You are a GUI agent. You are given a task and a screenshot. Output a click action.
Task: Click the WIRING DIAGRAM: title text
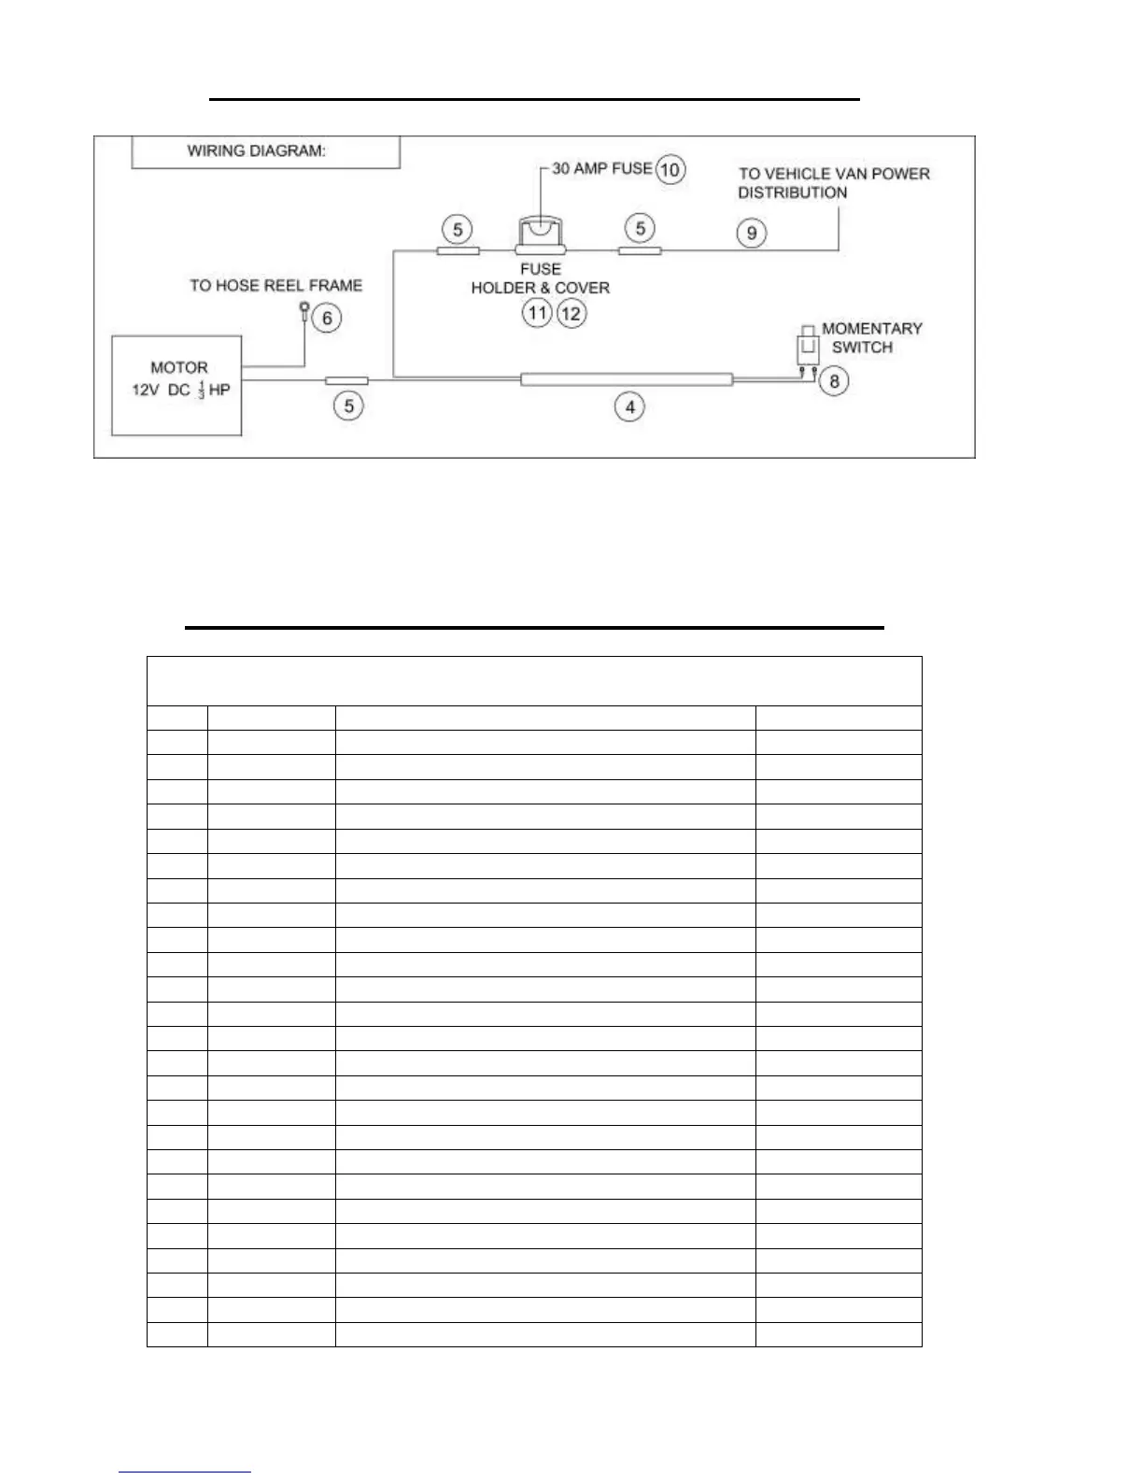point(257,151)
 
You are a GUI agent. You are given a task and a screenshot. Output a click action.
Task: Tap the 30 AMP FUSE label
point(601,168)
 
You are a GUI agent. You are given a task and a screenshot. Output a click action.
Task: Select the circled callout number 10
point(670,169)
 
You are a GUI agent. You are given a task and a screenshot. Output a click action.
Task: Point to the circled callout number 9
point(752,232)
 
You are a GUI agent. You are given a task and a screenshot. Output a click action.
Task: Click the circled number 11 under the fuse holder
point(536,313)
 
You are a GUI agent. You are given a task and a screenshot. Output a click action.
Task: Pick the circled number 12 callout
point(571,313)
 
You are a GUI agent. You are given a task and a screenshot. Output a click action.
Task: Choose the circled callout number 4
point(630,406)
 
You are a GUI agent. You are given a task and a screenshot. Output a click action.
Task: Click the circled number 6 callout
point(327,318)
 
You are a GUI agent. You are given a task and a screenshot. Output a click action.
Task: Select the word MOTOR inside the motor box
point(179,367)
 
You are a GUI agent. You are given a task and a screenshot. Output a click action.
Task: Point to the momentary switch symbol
point(808,348)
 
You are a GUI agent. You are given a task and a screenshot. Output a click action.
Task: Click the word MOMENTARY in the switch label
point(871,328)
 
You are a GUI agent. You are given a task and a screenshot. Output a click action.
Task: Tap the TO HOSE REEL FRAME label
point(275,285)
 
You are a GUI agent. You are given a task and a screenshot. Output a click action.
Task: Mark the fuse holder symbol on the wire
point(542,236)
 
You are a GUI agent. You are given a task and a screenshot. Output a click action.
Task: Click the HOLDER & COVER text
point(540,288)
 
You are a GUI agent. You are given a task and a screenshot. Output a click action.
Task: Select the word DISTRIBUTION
point(792,192)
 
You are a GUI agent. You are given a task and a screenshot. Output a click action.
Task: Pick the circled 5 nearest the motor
point(348,406)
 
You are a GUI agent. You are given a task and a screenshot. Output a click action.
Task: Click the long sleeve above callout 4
point(626,379)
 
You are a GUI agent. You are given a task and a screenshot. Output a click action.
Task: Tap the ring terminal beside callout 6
point(304,309)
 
